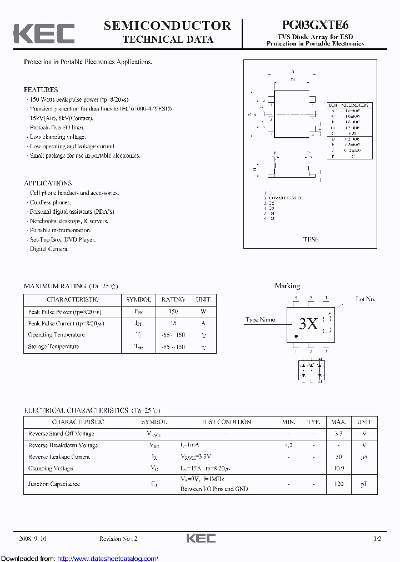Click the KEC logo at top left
click(44, 34)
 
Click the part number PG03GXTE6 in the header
click(315, 26)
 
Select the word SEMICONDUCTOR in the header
click(167, 26)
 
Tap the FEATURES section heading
click(41, 89)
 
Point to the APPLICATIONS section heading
click(48, 183)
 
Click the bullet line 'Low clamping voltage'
click(57, 137)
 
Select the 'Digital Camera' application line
click(49, 249)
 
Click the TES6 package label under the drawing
click(311, 239)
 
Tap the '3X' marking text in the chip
click(308, 324)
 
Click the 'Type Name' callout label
click(260, 320)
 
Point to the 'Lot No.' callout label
click(366, 299)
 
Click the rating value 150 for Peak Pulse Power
click(173, 312)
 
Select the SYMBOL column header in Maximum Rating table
click(138, 299)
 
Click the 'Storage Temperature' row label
click(53, 347)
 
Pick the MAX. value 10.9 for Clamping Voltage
click(339, 468)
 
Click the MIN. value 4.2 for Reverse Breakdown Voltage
click(288, 445)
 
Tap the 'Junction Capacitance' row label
click(54, 484)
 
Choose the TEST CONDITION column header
click(226, 422)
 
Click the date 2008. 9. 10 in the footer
click(33, 539)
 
